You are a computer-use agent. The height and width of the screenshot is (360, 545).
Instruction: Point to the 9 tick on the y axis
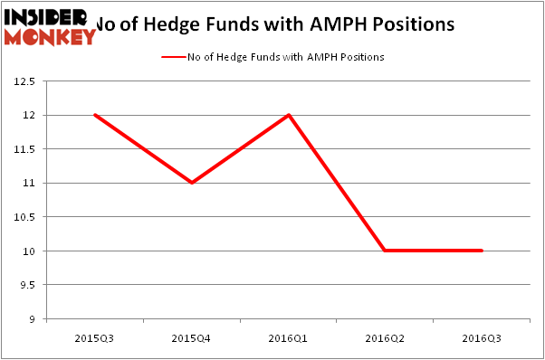click(x=32, y=318)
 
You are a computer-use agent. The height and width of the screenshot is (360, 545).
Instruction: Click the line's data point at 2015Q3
click(x=94, y=115)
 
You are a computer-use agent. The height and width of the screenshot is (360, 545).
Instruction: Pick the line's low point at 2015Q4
click(x=191, y=183)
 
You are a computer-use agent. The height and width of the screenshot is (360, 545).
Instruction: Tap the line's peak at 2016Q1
click(x=288, y=115)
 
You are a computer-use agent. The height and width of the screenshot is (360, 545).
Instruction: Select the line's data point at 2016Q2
click(x=385, y=251)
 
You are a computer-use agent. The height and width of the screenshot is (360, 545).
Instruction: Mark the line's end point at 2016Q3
click(x=482, y=251)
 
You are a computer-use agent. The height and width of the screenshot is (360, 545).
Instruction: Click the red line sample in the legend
click(x=172, y=57)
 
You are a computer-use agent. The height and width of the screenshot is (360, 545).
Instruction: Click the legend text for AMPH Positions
click(x=286, y=57)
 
